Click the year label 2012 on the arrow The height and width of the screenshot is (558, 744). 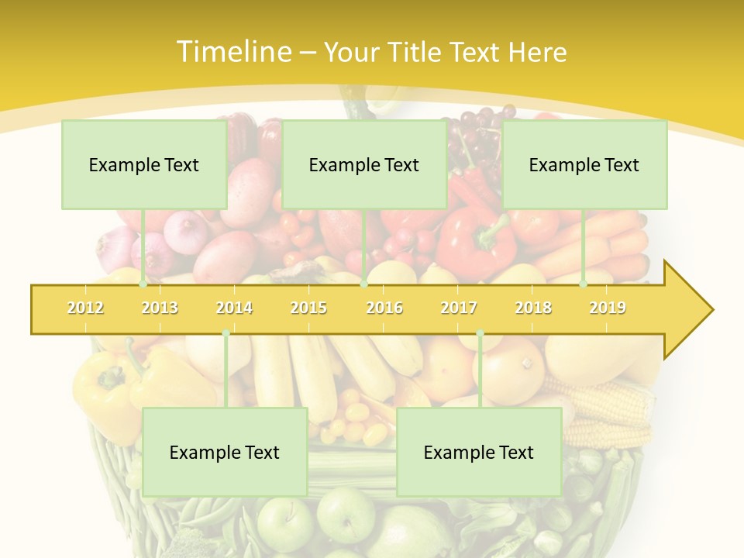pos(85,308)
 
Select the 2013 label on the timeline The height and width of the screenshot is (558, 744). pos(160,308)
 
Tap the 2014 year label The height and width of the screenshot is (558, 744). pos(234,308)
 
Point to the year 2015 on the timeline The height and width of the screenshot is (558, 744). pos(308,308)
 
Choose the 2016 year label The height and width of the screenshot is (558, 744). pos(384,308)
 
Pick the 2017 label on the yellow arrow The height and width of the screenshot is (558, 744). pos(459,308)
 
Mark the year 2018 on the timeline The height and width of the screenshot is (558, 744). pos(533,308)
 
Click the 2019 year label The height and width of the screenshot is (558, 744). pos(608,308)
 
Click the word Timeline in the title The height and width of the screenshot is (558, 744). pos(232,52)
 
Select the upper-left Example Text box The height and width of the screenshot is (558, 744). pos(144,164)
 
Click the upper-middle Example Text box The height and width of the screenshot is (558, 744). pos(364,164)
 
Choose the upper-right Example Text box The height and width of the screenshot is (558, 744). pos(584,164)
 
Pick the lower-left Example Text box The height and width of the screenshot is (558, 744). pos(225,452)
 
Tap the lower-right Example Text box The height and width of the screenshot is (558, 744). pos(479,452)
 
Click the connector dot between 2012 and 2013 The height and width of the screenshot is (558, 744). pos(143,284)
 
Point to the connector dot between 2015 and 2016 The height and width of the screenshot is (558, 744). pos(364,284)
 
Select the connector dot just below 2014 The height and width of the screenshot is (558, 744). pos(226,333)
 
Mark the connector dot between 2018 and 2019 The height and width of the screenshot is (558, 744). pos(584,284)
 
